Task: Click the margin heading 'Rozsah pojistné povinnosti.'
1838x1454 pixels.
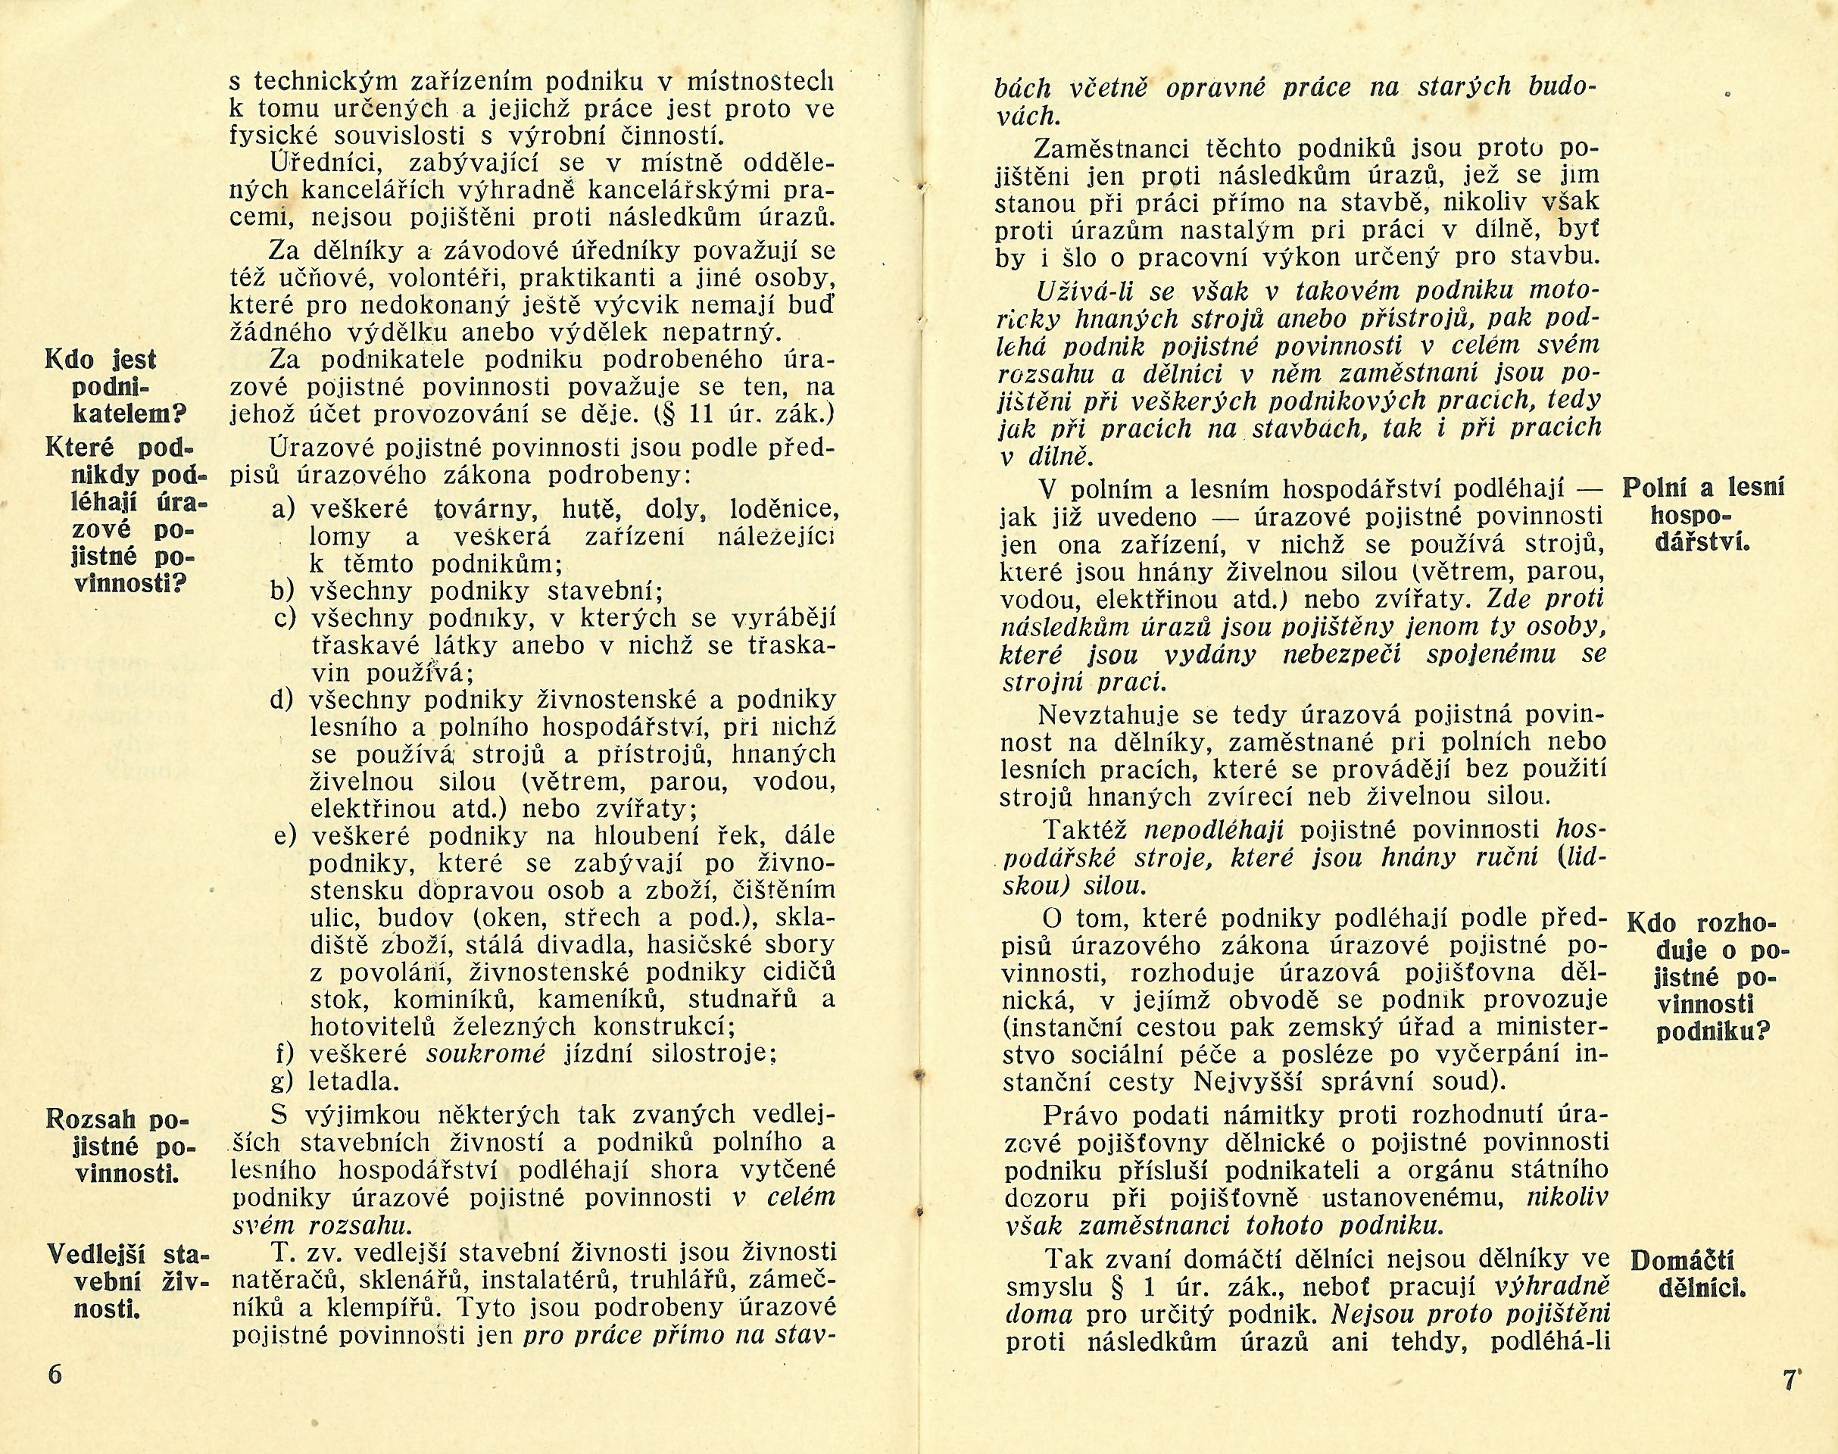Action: [x=117, y=1146]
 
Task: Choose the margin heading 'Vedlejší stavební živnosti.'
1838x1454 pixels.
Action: [x=128, y=1283]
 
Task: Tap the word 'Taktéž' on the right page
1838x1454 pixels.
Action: [x=1085, y=829]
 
